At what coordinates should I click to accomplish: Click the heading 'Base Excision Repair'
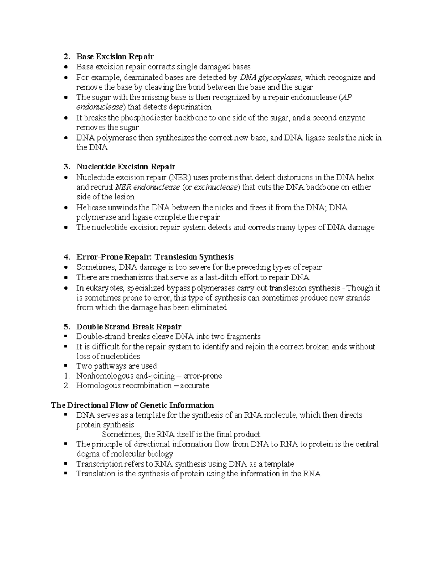coord(115,56)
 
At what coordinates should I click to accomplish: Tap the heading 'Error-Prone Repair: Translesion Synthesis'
coord(155,257)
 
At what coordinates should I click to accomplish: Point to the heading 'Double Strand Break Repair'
coord(128,327)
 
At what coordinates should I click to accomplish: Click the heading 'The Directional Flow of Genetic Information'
coord(132,405)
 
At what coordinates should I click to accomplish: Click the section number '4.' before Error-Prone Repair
coord(67,257)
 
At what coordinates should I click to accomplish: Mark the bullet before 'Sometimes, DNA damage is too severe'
coord(65,267)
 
